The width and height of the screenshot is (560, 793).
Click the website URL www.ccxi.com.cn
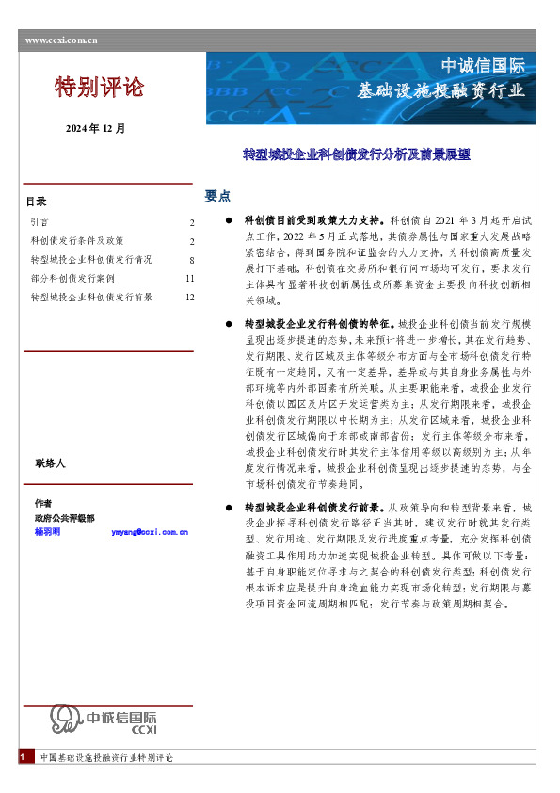[x=60, y=40]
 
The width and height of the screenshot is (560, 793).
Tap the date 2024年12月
[x=95, y=127]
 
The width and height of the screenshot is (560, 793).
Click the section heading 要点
[x=217, y=196]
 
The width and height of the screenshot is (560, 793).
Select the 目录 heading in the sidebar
[x=36, y=202]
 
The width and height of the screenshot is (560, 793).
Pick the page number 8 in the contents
[x=191, y=260]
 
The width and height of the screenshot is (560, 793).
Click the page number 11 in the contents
[x=189, y=279]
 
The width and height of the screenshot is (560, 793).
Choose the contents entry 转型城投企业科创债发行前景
[x=91, y=298]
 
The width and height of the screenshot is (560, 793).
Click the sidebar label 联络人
[x=50, y=463]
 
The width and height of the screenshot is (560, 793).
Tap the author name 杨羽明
[x=47, y=532]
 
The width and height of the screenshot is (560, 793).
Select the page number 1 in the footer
[x=21, y=757]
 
